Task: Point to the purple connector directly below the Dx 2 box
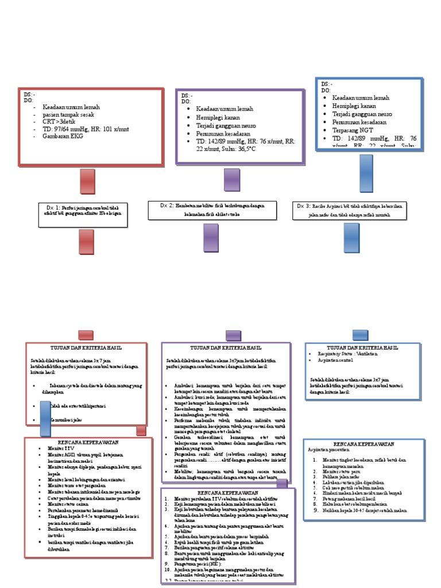point(211,237)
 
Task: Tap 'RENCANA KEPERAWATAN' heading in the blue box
point(364,444)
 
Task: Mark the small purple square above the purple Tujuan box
point(233,335)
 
